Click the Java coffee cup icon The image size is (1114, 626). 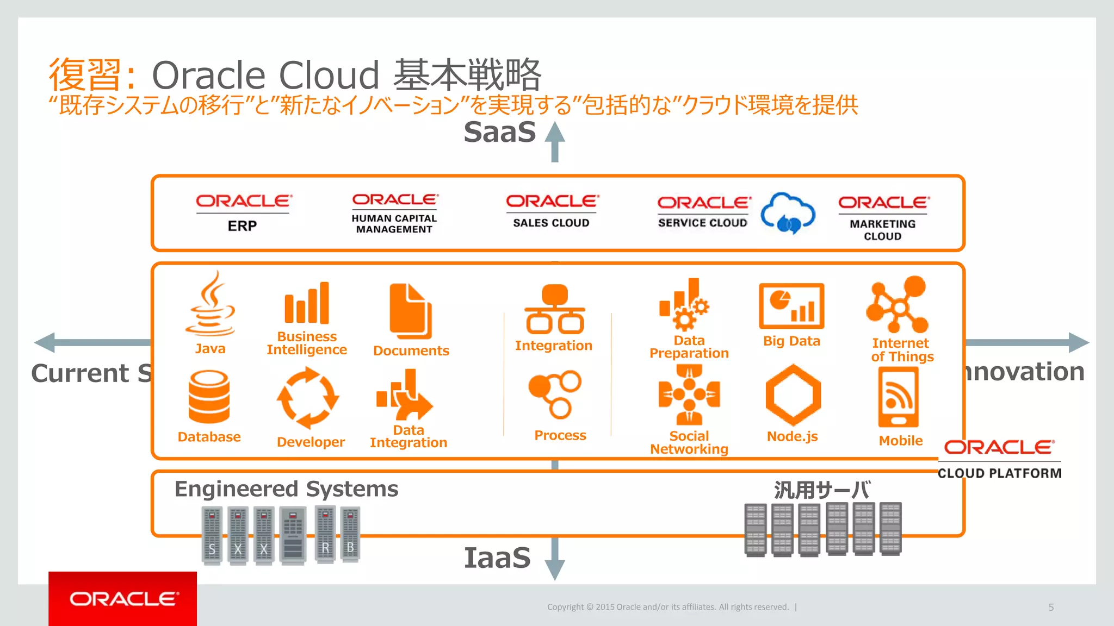tap(210, 304)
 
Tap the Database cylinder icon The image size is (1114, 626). tap(209, 397)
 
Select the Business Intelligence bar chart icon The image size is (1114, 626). tap(307, 303)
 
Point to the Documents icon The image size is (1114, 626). tap(411, 311)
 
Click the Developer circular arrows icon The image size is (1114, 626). tap(308, 398)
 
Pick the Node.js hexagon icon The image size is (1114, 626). tap(793, 395)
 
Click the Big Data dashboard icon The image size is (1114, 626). tap(791, 306)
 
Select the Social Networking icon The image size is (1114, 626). tap(689, 395)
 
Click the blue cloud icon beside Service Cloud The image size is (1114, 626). tap(788, 213)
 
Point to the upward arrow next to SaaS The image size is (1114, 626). tap(555, 141)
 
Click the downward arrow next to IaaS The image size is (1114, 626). tap(555, 560)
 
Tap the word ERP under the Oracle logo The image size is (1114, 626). tap(242, 226)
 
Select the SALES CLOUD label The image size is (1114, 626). tap(551, 223)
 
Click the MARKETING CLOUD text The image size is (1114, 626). tap(882, 230)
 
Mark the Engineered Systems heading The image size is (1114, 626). tap(286, 489)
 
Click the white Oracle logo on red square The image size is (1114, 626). tap(123, 599)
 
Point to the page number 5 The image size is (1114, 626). tap(1051, 608)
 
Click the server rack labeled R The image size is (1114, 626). tap(325, 535)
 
